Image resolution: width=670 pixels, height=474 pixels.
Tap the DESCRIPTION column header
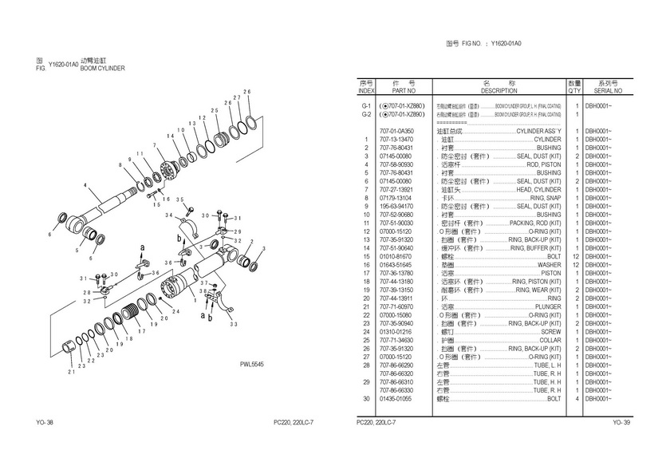click(x=499, y=91)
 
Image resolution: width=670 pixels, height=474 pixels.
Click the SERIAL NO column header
click(x=608, y=91)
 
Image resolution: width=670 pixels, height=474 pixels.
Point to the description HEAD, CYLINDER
click(x=538, y=189)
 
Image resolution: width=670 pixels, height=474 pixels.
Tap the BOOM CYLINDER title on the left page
click(x=103, y=69)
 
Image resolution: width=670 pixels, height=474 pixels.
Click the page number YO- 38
click(x=45, y=422)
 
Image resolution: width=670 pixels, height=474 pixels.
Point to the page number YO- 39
click(x=621, y=422)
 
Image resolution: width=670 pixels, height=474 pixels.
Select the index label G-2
click(x=366, y=114)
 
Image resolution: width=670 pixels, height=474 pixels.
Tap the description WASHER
click(x=549, y=264)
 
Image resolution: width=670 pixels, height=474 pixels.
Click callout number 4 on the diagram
click(x=85, y=185)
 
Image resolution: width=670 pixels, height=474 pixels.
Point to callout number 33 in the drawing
click(x=233, y=324)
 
